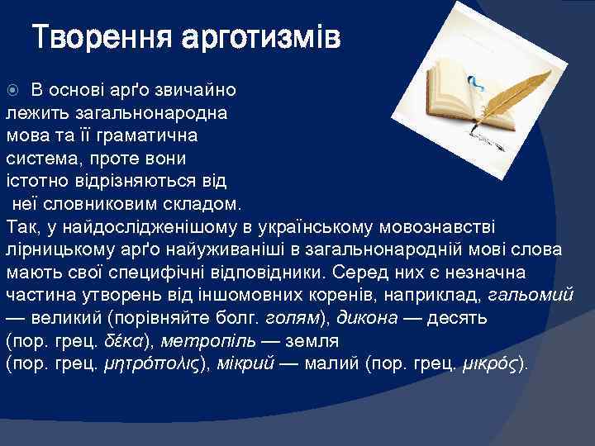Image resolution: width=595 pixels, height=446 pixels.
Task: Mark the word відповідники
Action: coord(285,273)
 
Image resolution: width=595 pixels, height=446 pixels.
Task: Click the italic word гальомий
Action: coord(542,295)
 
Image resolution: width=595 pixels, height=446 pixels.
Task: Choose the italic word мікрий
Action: coord(249,364)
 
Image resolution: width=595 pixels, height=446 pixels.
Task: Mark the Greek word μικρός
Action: coord(493,364)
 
